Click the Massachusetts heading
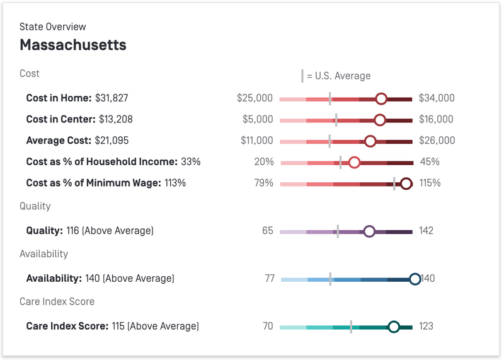click(73, 45)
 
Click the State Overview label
click(53, 26)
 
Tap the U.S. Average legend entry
click(336, 76)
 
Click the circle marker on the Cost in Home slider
click(381, 98)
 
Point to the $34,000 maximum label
click(437, 98)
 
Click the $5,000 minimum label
click(258, 119)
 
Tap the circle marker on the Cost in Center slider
click(379, 119)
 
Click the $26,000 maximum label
click(437, 141)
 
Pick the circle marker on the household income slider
click(354, 162)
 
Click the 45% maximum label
click(430, 162)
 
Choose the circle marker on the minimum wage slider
click(406, 183)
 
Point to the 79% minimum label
click(264, 183)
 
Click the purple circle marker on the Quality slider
click(369, 231)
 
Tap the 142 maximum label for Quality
click(426, 231)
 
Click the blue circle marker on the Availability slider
click(415, 279)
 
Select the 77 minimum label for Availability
click(269, 279)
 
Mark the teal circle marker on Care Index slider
click(394, 327)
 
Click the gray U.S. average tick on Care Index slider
click(351, 327)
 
